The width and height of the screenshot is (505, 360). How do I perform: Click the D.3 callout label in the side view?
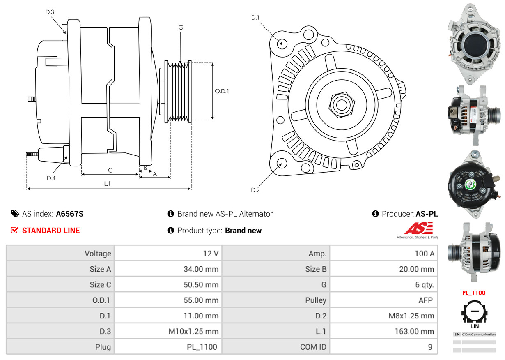(49, 12)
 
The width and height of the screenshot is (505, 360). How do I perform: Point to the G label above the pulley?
(181, 28)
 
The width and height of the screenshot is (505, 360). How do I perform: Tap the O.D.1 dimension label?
(222, 91)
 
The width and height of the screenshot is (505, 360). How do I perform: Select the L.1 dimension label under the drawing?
(107, 184)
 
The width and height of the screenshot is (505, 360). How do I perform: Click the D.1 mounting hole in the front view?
(282, 43)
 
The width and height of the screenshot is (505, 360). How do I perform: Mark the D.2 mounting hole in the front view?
(281, 164)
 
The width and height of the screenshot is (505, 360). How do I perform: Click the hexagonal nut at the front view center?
(340, 104)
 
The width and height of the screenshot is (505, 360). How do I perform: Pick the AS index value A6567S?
(70, 214)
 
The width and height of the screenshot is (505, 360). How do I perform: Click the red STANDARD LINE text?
(51, 231)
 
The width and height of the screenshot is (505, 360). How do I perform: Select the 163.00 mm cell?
(415, 331)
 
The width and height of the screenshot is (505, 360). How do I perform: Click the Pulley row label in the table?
(316, 300)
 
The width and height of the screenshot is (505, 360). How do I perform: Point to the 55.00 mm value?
(201, 300)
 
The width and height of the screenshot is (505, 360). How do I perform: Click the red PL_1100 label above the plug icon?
(474, 293)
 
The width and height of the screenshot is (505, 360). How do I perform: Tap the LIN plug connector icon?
(474, 313)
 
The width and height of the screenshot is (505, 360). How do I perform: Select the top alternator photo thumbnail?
(474, 41)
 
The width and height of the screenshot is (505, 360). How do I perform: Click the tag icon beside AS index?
(15, 214)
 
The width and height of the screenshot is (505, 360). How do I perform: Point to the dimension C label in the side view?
(110, 170)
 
